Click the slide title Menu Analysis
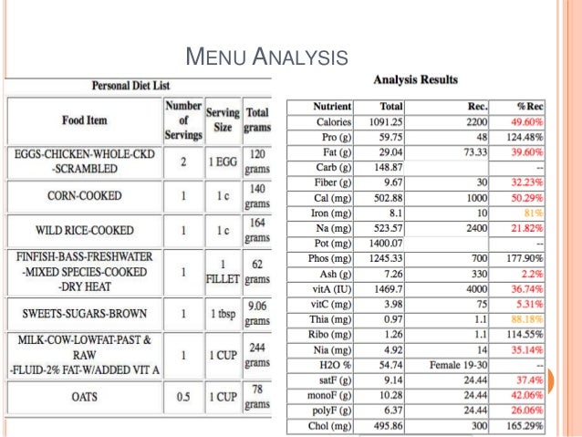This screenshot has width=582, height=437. tap(266, 60)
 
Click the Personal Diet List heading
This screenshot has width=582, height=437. tap(130, 85)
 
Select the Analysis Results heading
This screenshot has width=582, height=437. tap(416, 80)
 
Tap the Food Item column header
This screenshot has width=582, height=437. tap(85, 120)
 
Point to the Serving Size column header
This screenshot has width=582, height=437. tap(223, 120)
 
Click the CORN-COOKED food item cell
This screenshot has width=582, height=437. tap(85, 194)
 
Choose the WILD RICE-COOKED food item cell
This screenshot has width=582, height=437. tap(85, 229)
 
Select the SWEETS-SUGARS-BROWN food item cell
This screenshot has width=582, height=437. tap(85, 313)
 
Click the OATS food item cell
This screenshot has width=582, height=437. tap(85, 397)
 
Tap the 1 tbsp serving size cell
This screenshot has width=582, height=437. tap(223, 313)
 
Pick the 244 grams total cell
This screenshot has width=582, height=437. tap(258, 354)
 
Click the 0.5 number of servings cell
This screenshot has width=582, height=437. tap(183, 397)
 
